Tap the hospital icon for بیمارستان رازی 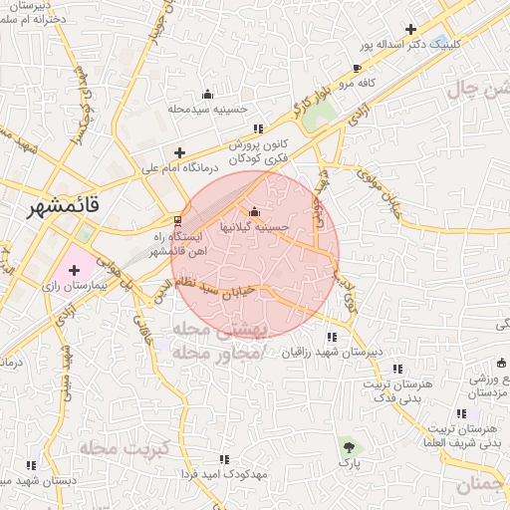click(x=75, y=270)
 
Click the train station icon click(x=177, y=220)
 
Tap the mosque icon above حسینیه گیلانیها click(x=255, y=211)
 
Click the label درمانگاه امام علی click(x=178, y=169)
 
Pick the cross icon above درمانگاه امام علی click(x=179, y=152)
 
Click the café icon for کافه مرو click(x=357, y=69)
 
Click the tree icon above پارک click(x=348, y=445)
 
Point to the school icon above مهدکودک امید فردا click(x=223, y=459)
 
